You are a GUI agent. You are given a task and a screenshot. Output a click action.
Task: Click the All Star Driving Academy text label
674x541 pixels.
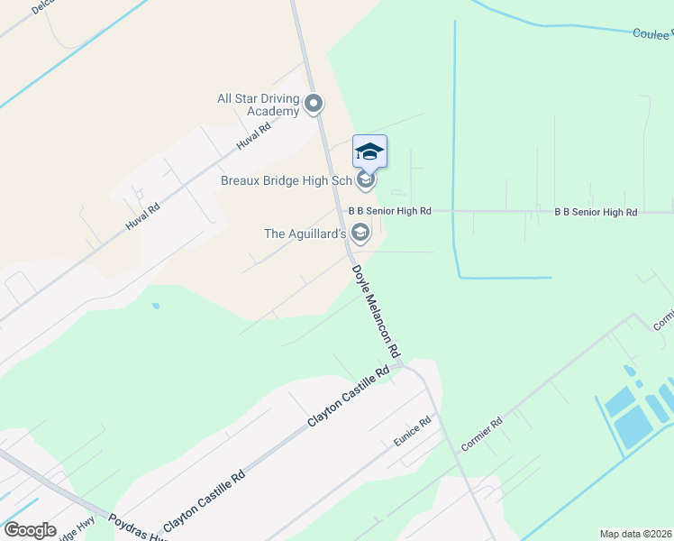[258, 105]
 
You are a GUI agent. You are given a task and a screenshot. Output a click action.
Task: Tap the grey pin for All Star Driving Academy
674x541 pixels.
[314, 105]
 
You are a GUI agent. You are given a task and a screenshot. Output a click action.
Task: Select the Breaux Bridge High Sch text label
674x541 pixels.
[287, 180]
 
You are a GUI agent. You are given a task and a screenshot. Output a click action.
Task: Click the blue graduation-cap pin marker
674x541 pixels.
[369, 151]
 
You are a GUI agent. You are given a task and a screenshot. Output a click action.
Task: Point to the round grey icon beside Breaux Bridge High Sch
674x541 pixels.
[365, 180]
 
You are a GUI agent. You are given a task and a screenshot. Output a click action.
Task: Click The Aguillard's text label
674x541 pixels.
[305, 234]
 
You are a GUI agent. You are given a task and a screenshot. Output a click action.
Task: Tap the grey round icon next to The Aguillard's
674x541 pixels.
[360, 234]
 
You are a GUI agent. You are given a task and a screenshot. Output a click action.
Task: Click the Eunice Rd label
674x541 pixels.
[413, 432]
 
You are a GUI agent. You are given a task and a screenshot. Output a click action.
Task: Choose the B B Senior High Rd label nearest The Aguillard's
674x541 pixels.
[390, 211]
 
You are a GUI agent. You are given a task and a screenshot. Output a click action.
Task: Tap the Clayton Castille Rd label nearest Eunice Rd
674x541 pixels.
[349, 396]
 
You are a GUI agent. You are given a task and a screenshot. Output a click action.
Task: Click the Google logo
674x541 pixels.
[30, 529]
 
